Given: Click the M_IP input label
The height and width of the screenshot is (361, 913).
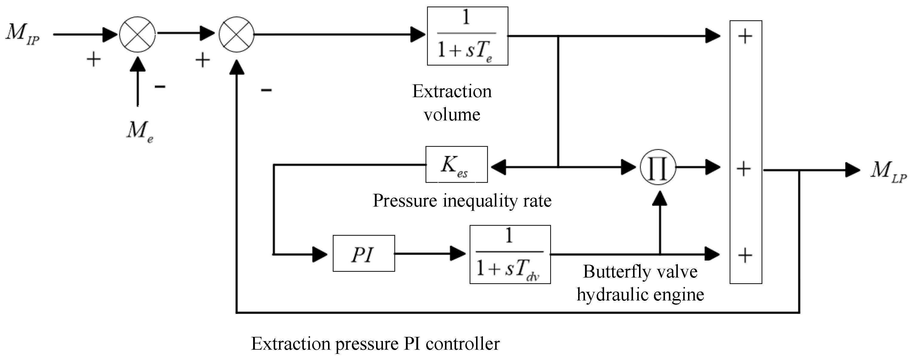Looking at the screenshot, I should click(22, 34).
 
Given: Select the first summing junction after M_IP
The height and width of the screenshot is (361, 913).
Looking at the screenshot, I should click(137, 34).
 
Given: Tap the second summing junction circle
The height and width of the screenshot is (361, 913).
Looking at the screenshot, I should click(236, 34).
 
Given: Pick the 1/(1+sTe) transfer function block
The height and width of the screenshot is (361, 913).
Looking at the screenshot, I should click(467, 36).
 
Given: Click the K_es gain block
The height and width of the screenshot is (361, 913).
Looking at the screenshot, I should click(456, 165).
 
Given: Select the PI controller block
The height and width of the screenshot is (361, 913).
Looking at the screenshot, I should click(364, 253).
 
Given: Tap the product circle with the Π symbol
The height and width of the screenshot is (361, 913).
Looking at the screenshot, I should click(658, 168).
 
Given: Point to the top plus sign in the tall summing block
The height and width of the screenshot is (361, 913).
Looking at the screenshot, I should click(745, 36).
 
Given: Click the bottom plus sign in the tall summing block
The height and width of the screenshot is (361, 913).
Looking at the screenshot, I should click(745, 255).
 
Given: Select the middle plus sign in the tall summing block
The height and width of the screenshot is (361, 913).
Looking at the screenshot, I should click(743, 168).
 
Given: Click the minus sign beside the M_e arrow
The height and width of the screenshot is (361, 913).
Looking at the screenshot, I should click(160, 86).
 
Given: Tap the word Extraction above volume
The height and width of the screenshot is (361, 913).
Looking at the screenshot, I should click(452, 92).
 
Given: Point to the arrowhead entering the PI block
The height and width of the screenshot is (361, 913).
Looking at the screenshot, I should click(320, 254).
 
